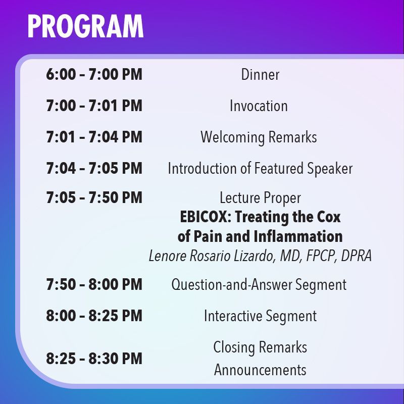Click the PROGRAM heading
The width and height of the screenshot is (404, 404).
click(85, 26)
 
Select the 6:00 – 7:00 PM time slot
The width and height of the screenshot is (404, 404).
click(94, 74)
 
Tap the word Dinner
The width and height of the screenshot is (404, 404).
click(260, 75)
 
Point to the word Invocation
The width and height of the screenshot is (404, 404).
click(259, 106)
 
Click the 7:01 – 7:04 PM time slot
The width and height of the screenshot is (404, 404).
click(94, 137)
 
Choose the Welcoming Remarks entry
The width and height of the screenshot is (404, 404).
click(259, 137)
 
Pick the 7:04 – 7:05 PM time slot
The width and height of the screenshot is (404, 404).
click(94, 168)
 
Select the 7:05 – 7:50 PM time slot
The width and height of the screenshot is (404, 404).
click(94, 197)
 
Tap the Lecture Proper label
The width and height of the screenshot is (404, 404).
click(260, 198)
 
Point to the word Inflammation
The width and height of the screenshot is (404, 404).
click(298, 236)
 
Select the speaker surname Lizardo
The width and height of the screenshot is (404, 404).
click(253, 256)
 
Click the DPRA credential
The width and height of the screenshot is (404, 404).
click(357, 256)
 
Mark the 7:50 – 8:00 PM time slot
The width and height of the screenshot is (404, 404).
click(94, 284)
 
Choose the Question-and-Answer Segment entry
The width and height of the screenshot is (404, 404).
click(259, 285)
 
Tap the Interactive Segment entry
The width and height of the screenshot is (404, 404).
click(260, 317)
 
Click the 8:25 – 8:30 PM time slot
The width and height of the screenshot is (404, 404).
click(94, 359)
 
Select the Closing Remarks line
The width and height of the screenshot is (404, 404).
click(260, 347)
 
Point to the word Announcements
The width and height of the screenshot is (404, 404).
click(260, 370)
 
